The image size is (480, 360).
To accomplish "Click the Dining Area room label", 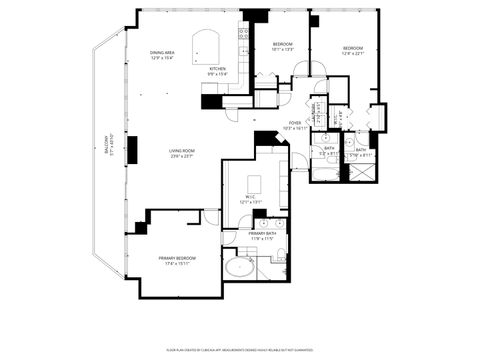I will click(162, 52).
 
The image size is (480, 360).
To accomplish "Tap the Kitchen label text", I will click(217, 68).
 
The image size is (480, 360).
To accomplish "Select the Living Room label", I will click(181, 151).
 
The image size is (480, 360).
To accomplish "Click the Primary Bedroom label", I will click(176, 257).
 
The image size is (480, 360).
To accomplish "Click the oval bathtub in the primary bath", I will click(239, 268).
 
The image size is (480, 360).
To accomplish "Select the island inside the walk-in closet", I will click(253, 183).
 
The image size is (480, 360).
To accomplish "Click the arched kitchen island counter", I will click(206, 47).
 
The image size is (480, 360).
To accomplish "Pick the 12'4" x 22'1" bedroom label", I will click(353, 51).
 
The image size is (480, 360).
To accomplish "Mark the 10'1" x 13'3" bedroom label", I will click(283, 46).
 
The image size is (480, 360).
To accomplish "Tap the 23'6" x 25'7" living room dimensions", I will click(181, 157).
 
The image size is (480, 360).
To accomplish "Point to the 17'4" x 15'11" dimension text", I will click(176, 263).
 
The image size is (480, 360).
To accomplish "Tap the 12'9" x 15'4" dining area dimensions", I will click(162, 58).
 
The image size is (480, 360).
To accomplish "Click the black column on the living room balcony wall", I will click(131, 149).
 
